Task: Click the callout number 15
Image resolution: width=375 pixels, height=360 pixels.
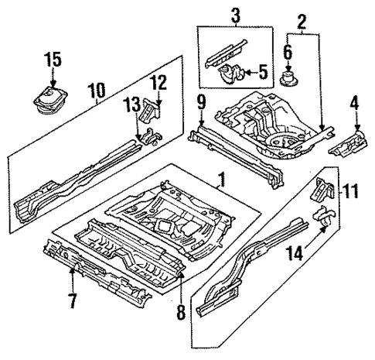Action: [x=51, y=59]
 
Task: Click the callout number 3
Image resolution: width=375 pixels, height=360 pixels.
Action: [x=262, y=74]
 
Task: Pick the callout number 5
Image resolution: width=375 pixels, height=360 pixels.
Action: [x=288, y=53]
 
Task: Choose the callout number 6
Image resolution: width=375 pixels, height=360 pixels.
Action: [x=71, y=300]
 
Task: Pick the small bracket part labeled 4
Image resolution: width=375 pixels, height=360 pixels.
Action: [x=348, y=141]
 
